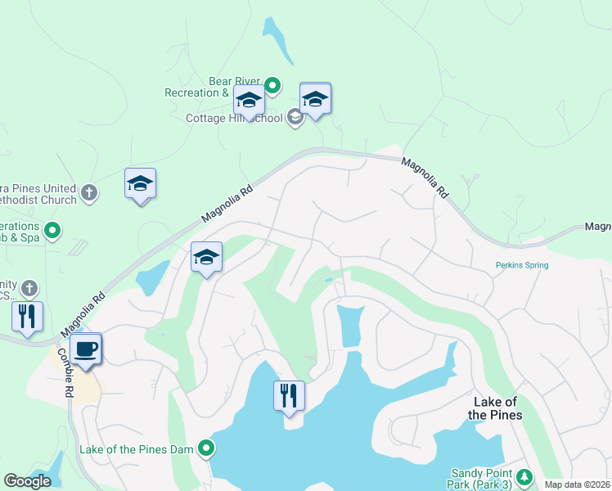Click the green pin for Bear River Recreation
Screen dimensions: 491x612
pyautogui.click(x=272, y=84)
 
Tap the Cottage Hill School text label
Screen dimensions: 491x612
pyautogui.click(x=234, y=118)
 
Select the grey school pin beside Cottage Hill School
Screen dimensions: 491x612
pyautogui.click(x=295, y=118)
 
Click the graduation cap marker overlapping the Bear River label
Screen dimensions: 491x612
pyautogui.click(x=249, y=101)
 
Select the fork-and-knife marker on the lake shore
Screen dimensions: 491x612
pyautogui.click(x=289, y=397)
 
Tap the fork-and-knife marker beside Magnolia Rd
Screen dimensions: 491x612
pyautogui.click(x=27, y=316)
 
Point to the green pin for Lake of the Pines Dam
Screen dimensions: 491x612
pyautogui.click(x=207, y=448)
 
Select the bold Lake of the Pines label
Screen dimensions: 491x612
pyautogui.click(x=494, y=408)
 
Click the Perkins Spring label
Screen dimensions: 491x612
pyautogui.click(x=521, y=265)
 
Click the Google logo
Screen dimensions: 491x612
pyautogui.click(x=27, y=481)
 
